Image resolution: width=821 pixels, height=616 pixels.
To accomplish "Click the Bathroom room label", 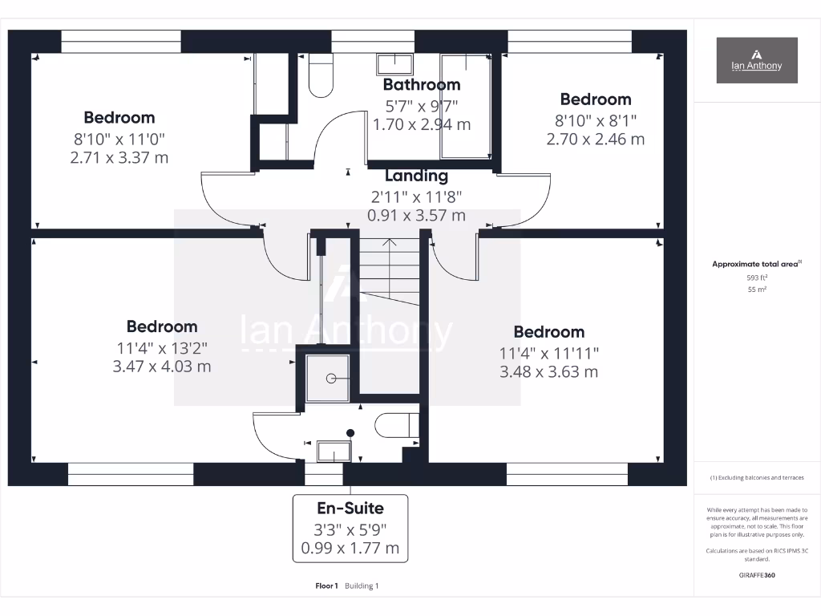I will [421, 84].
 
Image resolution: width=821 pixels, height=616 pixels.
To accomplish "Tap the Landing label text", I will [416, 176].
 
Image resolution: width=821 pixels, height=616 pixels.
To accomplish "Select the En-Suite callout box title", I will [350, 508].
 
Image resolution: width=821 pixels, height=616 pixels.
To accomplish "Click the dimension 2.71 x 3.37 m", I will [119, 157].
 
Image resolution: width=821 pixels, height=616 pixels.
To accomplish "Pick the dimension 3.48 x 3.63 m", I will [548, 371].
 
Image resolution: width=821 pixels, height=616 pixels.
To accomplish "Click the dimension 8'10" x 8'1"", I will [595, 120].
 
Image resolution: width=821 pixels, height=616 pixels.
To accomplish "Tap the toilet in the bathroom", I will [321, 76].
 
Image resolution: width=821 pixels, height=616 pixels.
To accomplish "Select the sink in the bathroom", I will [394, 64].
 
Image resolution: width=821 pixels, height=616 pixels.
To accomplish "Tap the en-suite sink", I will [334, 452].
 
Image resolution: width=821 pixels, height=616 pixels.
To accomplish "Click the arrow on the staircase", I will [389, 243].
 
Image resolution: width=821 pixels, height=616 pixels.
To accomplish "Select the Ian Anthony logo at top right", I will [756, 60].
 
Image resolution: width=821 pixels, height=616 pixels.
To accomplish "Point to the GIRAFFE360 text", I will [756, 575].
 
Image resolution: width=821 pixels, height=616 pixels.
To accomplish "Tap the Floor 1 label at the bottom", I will [327, 586].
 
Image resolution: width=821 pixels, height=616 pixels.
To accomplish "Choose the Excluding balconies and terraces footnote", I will [756, 478].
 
